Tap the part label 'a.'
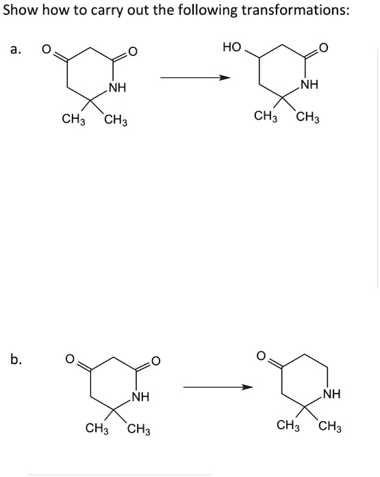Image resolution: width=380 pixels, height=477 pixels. [x=16, y=49]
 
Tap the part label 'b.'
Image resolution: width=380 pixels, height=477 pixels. [x=16, y=358]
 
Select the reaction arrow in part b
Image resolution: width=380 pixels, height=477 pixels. [x=218, y=389]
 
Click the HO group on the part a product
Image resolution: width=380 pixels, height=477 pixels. [x=232, y=48]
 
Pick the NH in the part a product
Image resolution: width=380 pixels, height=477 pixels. [x=309, y=85]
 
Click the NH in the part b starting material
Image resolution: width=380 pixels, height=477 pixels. [x=140, y=396]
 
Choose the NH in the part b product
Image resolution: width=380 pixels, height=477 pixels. [x=332, y=394]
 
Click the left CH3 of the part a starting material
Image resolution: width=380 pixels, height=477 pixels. [x=73, y=120]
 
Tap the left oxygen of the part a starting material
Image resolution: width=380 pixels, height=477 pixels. [x=46, y=49]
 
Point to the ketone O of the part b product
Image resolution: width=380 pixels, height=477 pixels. [x=261, y=356]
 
